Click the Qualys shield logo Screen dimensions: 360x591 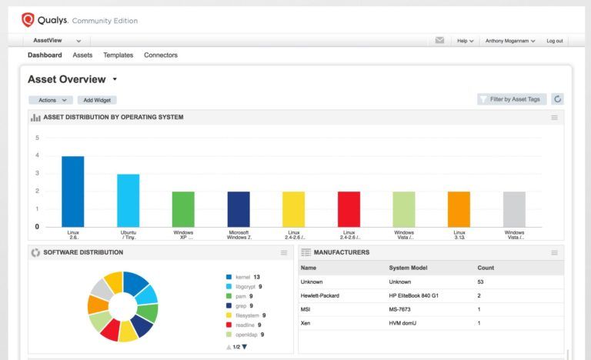(x=28, y=20)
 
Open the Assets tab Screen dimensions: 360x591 (x=82, y=55)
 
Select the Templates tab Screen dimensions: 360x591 (x=118, y=55)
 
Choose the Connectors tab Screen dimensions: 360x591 (x=161, y=55)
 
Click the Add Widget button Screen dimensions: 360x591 (x=97, y=100)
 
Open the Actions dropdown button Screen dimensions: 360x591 (x=51, y=100)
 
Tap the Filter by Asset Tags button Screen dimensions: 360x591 (x=512, y=99)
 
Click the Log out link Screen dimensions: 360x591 (x=554, y=41)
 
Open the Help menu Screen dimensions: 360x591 (x=465, y=41)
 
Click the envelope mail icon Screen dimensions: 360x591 (x=439, y=40)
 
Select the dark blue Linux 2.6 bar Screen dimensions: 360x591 (x=72, y=192)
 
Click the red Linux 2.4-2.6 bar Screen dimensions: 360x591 (x=349, y=209)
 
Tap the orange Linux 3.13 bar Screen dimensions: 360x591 (x=459, y=209)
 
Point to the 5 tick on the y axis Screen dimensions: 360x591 (x=36, y=138)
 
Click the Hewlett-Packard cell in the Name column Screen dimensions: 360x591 (x=319, y=295)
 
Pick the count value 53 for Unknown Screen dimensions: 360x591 (x=480, y=282)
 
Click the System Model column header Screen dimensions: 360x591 (x=410, y=268)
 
